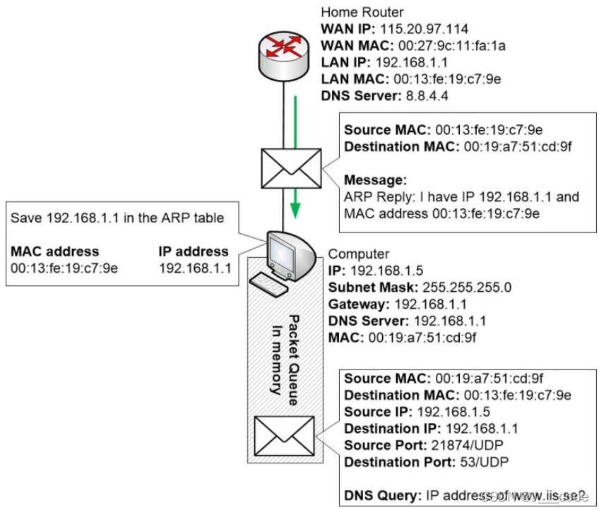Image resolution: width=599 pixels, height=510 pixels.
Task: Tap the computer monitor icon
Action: click(x=281, y=252)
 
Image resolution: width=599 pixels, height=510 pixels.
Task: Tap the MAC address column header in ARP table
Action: click(x=55, y=251)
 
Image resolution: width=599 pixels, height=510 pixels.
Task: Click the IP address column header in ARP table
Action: click(x=194, y=251)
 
